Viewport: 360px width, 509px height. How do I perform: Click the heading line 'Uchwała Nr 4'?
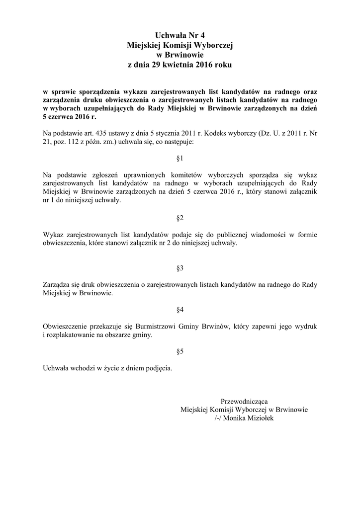(x=180, y=35)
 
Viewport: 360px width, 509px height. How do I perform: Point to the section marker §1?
(x=180, y=159)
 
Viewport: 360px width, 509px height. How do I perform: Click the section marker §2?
(x=180, y=218)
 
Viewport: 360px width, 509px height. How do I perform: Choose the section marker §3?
(x=180, y=268)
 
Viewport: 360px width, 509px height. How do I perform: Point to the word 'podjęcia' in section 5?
(x=159, y=369)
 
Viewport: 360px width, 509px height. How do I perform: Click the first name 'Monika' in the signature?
(x=237, y=418)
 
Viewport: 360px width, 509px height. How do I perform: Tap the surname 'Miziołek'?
(x=262, y=418)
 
